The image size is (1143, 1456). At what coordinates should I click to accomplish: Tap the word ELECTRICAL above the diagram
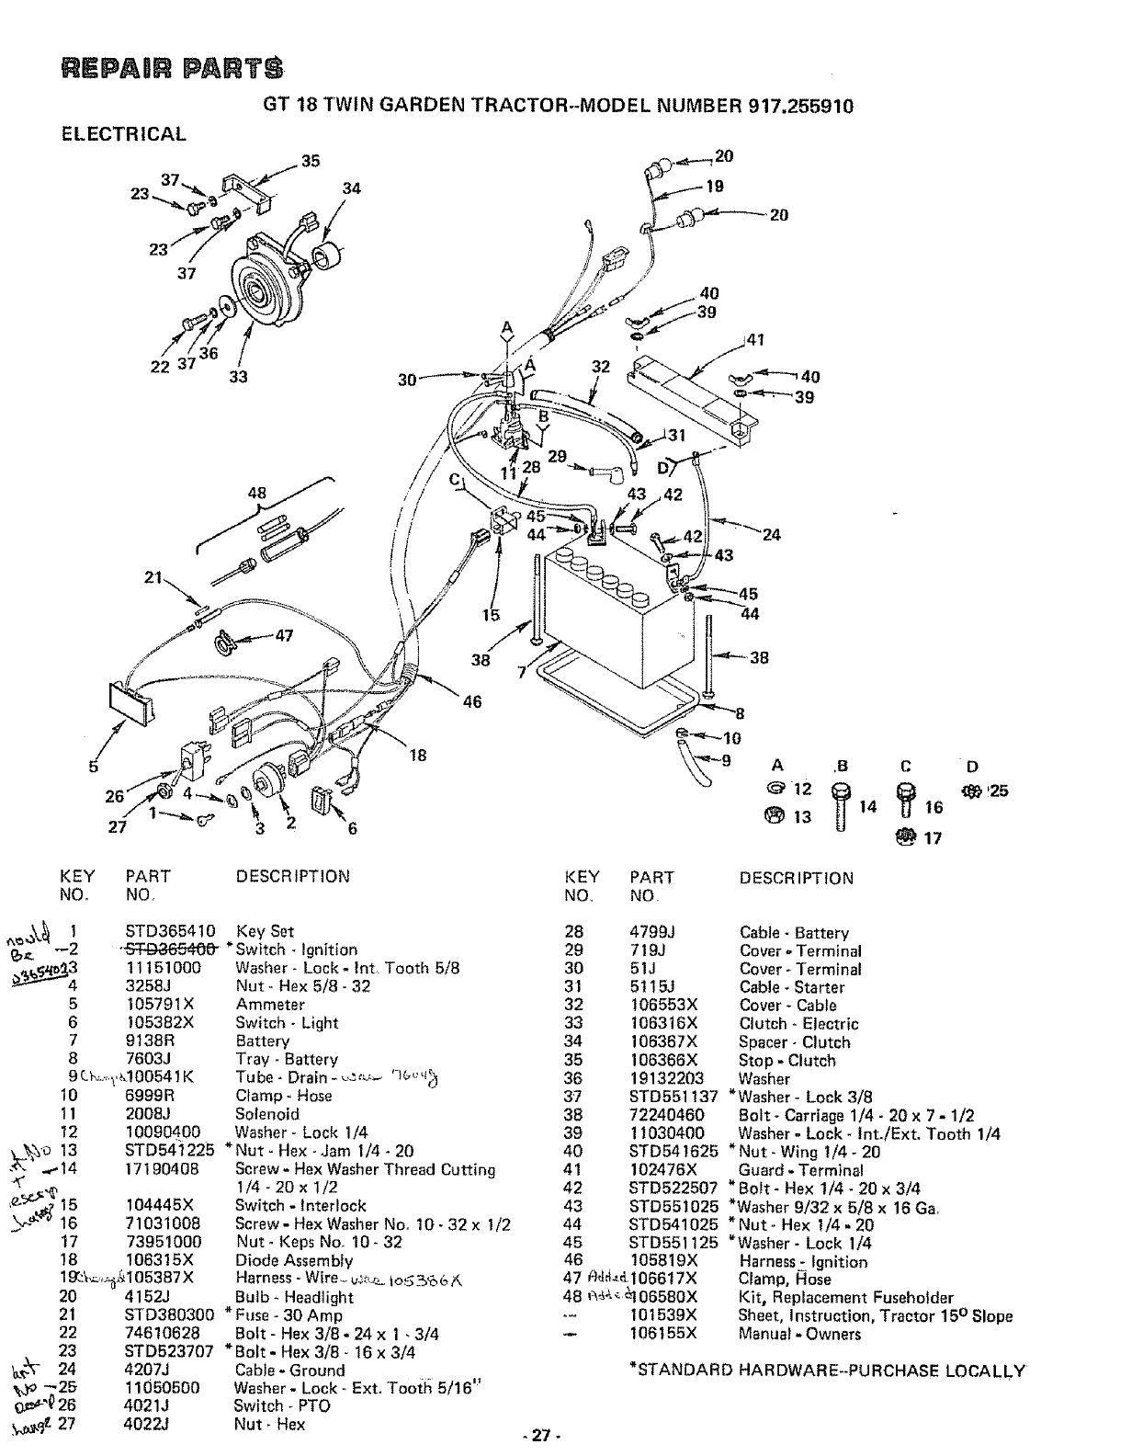(x=123, y=134)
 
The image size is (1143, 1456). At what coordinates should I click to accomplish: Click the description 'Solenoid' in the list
(x=267, y=1113)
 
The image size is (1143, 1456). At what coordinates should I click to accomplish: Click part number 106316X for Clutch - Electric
(x=663, y=1023)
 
